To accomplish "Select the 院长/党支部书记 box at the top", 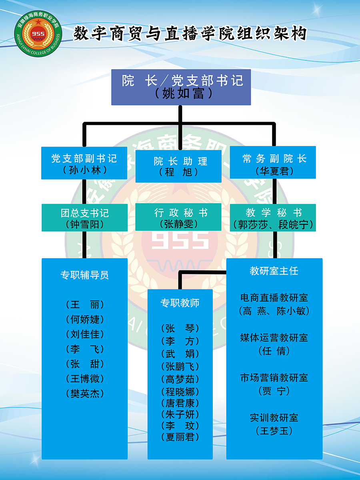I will [x=181, y=87].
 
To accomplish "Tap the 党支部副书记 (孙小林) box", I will [x=84, y=163].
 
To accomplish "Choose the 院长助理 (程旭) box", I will [x=178, y=166].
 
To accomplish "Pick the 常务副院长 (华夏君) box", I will [x=273, y=163].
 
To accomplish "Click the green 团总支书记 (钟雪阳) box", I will [x=84, y=218].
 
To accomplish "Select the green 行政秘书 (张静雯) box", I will [x=178, y=218].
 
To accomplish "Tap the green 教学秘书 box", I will [x=273, y=218].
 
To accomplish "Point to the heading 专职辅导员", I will [x=84, y=275].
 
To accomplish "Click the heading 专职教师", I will [x=180, y=303].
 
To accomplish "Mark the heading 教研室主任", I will [x=274, y=271].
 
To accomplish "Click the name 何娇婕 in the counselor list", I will [x=84, y=319].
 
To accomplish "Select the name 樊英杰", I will [x=84, y=394].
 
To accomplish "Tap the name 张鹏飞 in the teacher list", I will [x=180, y=366].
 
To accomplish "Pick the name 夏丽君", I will [x=180, y=437].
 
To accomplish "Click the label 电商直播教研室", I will [x=274, y=298].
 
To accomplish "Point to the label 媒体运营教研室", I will [x=274, y=338].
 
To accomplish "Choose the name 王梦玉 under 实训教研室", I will [x=274, y=431].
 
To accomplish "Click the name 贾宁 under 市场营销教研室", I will [x=274, y=391].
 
